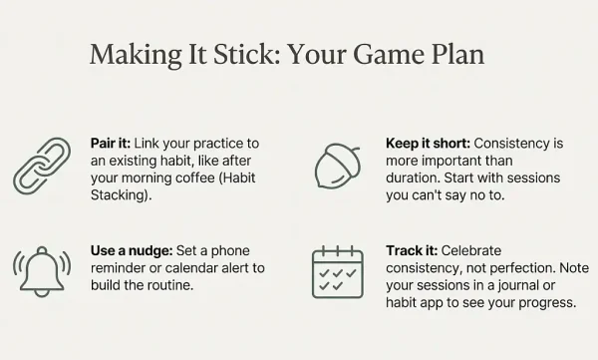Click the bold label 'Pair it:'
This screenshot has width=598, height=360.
pos(111,145)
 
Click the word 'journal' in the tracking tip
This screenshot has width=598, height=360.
pos(525,285)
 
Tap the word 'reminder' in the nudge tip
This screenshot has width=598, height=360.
pos(118,267)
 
